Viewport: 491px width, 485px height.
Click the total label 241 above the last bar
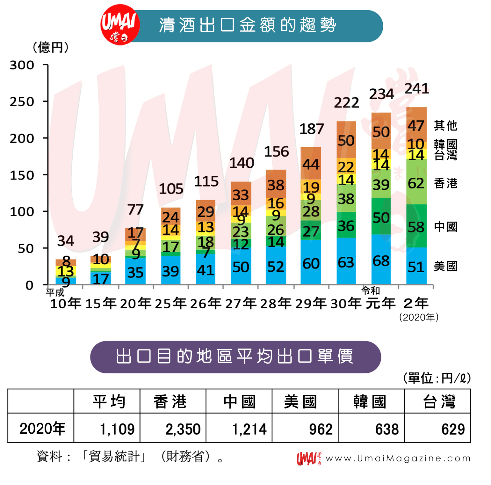[416, 89]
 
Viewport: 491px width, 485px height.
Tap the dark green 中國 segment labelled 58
[416, 226]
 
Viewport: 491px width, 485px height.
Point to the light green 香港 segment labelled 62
[416, 182]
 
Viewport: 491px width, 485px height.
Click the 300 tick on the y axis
[22, 65]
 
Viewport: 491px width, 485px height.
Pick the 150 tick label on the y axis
[22, 175]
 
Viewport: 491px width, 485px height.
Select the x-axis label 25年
[170, 303]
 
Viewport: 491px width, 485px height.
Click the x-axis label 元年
[380, 303]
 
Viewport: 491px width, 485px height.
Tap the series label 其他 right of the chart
[445, 126]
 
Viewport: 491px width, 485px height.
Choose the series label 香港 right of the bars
[445, 183]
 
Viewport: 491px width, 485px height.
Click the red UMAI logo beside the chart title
[120, 25]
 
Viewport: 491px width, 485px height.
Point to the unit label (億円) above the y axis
[51, 48]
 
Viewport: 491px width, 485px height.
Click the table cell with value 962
[321, 429]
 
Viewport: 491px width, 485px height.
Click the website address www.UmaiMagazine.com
[398, 459]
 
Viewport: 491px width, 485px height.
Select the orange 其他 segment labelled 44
[311, 164]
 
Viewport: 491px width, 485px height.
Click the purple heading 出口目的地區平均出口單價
[235, 357]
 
